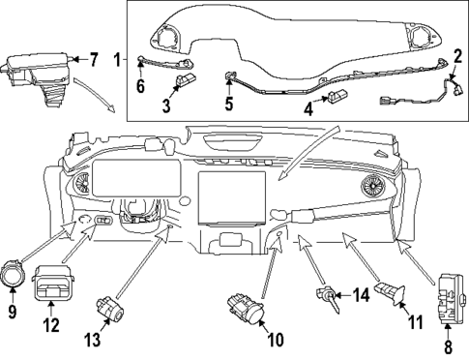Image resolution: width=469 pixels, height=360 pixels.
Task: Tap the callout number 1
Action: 117,60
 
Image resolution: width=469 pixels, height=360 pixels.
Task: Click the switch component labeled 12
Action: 50,282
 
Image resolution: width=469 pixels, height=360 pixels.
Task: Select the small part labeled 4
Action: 340,97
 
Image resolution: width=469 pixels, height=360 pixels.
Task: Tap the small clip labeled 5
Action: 230,75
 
